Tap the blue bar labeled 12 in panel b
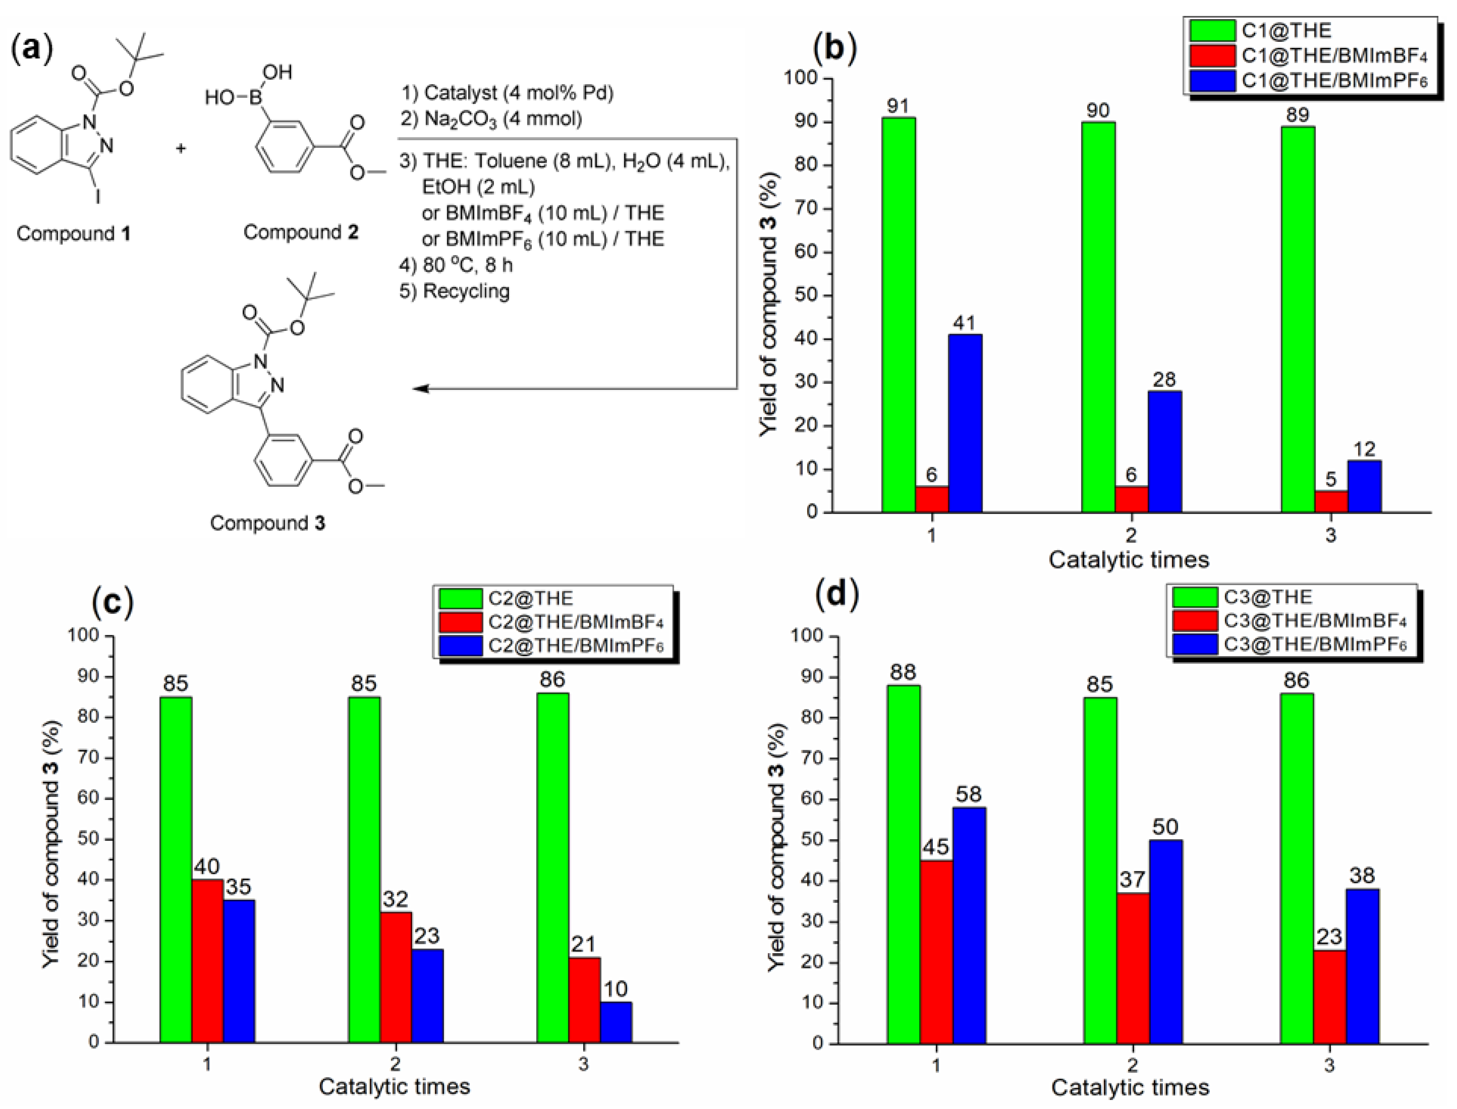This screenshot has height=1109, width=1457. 1363,486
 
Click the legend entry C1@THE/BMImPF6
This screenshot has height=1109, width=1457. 1333,81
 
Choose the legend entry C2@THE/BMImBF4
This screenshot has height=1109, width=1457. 575,622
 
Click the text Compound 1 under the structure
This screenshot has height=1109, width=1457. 73,233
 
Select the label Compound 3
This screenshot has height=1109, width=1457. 267,523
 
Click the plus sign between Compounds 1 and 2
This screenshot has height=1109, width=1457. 180,149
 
